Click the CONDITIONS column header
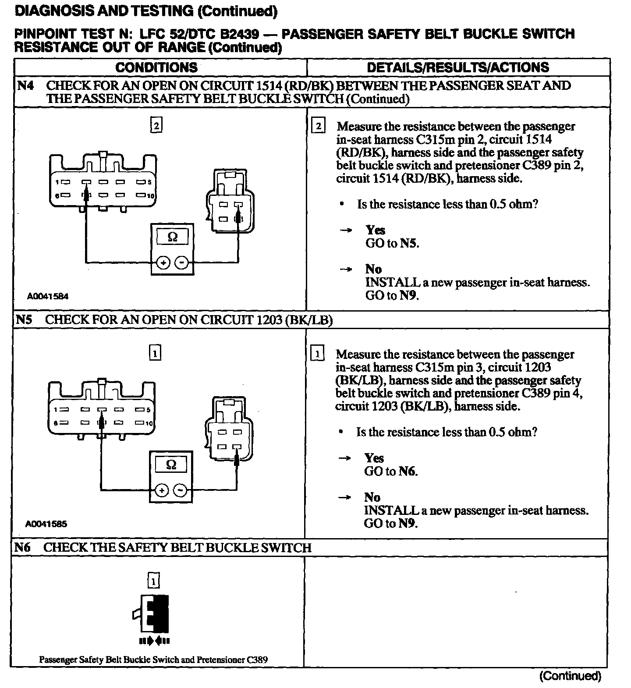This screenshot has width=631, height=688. tap(156, 67)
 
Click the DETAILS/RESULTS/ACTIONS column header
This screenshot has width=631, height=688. tap(458, 67)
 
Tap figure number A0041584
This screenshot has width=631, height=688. tap(48, 296)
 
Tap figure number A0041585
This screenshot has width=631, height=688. tap(46, 524)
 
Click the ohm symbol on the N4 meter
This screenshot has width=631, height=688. tap(173, 237)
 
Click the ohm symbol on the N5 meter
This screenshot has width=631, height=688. tap(171, 465)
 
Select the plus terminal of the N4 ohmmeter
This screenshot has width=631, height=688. tap(163, 263)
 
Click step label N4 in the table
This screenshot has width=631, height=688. tap(25, 85)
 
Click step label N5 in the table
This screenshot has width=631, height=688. tap(24, 319)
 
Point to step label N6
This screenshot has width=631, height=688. tap(22, 547)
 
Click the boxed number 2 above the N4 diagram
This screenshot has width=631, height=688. tap(156, 126)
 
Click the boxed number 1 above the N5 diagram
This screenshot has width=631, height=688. tap(155, 353)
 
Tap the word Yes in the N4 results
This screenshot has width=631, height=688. tap(376, 230)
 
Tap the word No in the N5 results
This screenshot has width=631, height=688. tap(372, 497)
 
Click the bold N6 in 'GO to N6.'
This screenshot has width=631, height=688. tap(407, 472)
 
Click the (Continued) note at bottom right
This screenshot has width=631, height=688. tap(570, 676)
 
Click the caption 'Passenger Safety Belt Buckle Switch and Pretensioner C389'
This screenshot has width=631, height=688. tap(153, 659)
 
